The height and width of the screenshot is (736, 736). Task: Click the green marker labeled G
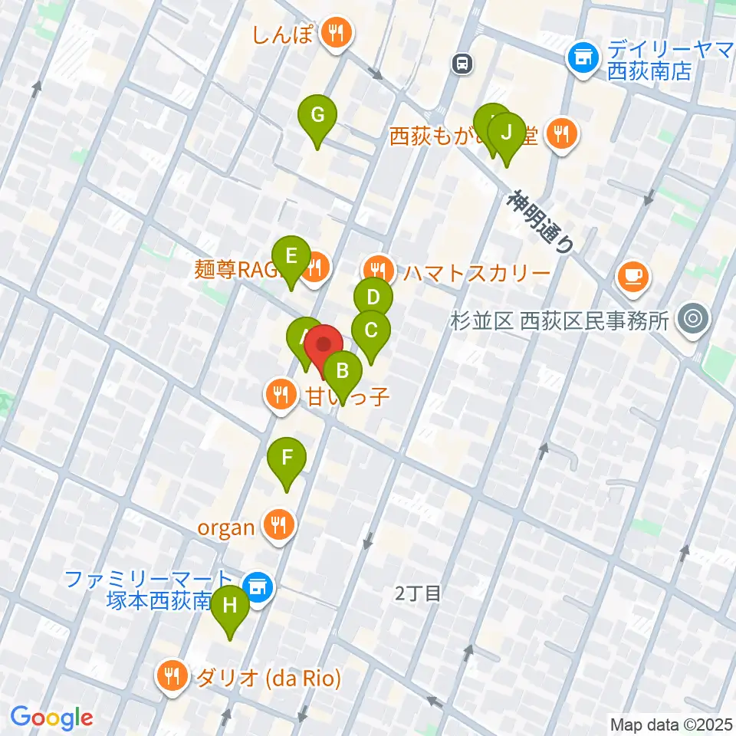pos(317,117)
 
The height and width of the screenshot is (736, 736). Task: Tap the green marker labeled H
pos(229,606)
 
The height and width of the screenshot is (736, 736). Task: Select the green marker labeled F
pos(287,458)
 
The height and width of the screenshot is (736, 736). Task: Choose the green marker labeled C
pos(371,331)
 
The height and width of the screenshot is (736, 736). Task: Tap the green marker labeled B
pos(343,372)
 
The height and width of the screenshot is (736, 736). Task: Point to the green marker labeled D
pos(373,297)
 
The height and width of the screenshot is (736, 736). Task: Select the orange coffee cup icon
pos(632,274)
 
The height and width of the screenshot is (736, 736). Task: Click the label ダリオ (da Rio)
pos(268,678)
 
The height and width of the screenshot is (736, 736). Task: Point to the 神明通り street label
pos(540,222)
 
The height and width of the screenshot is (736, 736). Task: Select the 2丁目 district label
pos(418,592)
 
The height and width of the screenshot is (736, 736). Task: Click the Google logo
pos(52,717)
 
